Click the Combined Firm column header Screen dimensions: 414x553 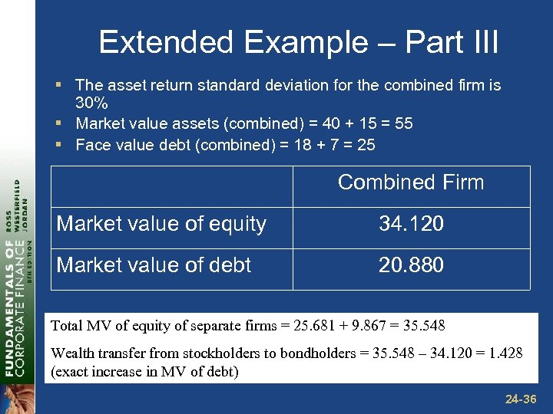pos(411,182)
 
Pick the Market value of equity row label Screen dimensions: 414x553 pos(161,224)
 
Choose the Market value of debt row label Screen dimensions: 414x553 pos(154,265)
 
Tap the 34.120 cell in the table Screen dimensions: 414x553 pos(411,224)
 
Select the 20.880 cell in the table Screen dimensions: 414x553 pos(411,265)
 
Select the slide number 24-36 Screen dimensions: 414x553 pos(520,399)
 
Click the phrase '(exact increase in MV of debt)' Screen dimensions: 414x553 pos(144,373)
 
